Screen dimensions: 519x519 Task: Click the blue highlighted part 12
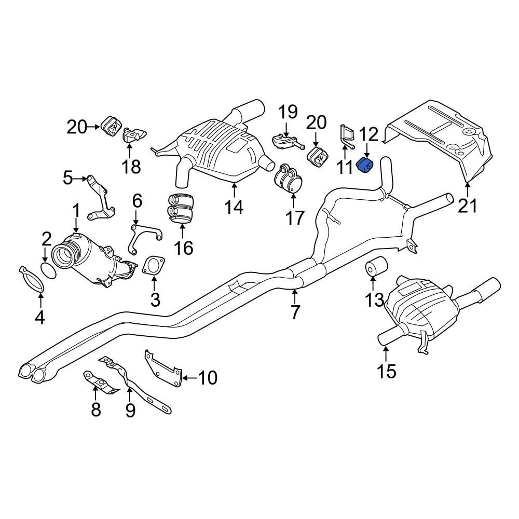click(x=366, y=167)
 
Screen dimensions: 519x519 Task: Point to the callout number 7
click(x=295, y=312)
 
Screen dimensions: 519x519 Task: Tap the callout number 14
click(x=234, y=207)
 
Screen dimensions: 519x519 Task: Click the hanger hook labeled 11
click(x=346, y=134)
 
